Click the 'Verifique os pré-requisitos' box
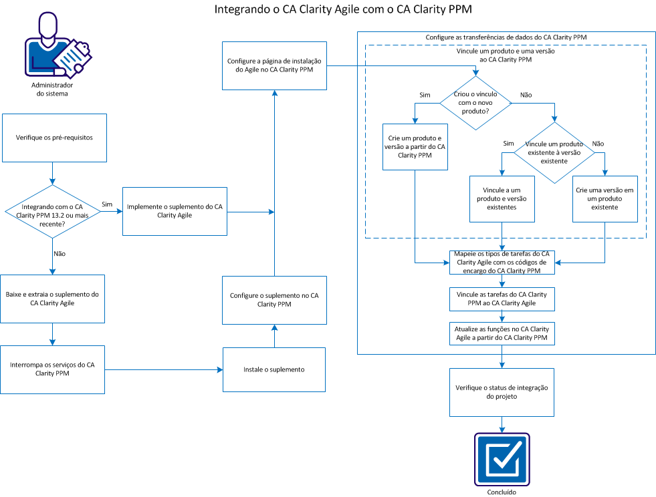[54, 138]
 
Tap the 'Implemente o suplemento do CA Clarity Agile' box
[175, 211]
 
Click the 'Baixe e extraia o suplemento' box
[53, 299]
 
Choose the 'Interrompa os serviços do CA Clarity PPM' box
[53, 369]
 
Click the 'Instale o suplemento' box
[274, 369]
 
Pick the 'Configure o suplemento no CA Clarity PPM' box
[274, 299]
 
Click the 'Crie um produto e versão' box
[416, 146]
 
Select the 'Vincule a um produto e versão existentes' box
[502, 198]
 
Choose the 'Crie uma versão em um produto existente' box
[605, 198]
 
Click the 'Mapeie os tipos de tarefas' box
[502, 263]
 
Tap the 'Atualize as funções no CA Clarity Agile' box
[502, 333]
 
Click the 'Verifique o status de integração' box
[501, 392]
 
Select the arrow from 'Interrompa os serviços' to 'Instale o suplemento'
[164, 369]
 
